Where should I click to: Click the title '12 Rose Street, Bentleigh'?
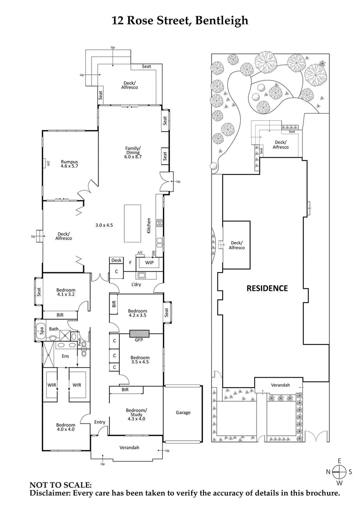pos(180,20)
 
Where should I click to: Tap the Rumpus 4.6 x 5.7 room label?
pos(70,164)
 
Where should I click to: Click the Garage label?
pos(183,412)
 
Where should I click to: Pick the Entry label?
pos(99,422)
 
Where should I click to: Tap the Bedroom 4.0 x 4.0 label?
pos(65,427)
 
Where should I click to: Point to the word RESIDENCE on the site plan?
pos(267,288)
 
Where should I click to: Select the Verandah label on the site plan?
pos(280,385)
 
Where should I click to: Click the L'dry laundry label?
pos(136,285)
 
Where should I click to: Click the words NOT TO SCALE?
pos(60,485)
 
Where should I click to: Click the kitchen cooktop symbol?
pos(159,223)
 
